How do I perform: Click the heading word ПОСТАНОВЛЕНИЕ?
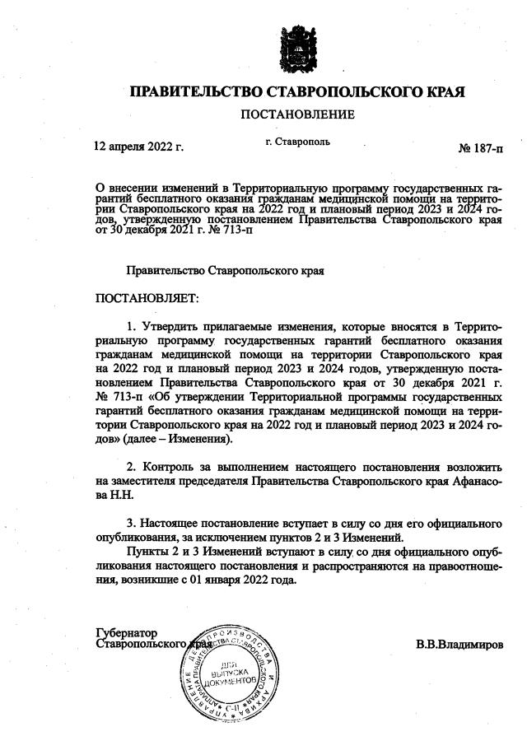coord(297,114)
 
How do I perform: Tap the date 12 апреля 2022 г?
coord(139,148)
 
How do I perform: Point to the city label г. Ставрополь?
coord(298,142)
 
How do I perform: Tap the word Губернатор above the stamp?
coord(126,632)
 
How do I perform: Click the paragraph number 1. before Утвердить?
coord(131,327)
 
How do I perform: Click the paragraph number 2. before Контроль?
coord(131,468)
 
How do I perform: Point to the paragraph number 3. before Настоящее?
coord(131,523)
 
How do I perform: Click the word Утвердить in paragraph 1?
coord(169,327)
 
